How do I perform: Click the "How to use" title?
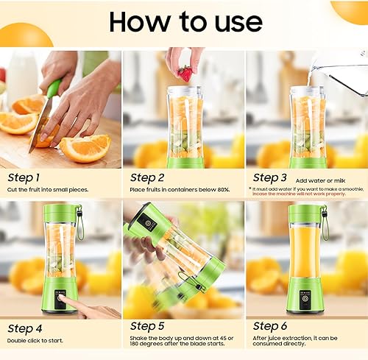[183, 21]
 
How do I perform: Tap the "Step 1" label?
[24, 177]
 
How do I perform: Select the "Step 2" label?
[147, 177]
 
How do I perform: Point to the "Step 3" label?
[270, 177]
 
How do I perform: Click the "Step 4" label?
[24, 326]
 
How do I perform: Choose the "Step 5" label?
[147, 326]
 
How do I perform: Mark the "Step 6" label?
[270, 326]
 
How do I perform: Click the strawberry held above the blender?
[185, 73]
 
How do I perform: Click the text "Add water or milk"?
[320, 179]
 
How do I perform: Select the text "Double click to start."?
[35, 340]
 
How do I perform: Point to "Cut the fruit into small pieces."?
[48, 190]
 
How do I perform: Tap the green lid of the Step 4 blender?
[60, 213]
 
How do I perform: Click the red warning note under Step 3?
[305, 192]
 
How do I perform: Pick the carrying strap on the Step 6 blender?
[325, 225]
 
